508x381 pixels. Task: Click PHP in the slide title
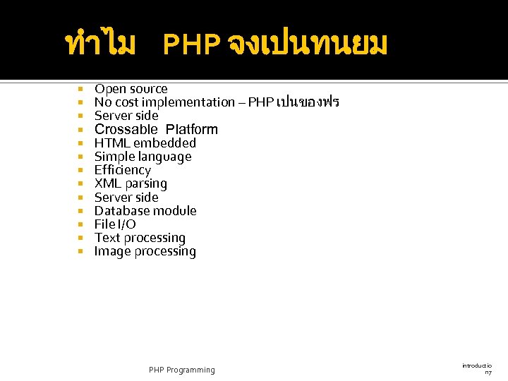(x=191, y=46)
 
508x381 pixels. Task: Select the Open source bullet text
(x=131, y=89)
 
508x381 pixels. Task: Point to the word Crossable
(x=126, y=129)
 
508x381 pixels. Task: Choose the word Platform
(x=192, y=129)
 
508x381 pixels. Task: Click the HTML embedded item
(x=145, y=143)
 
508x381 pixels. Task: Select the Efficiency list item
(x=123, y=170)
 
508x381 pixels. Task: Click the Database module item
(x=145, y=211)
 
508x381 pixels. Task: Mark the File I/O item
(x=115, y=224)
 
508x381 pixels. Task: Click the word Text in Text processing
(x=108, y=238)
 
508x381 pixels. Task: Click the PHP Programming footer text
(x=182, y=370)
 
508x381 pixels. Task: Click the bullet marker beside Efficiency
(x=81, y=171)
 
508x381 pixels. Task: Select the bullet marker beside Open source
(x=81, y=90)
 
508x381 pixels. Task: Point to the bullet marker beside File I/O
(x=81, y=225)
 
